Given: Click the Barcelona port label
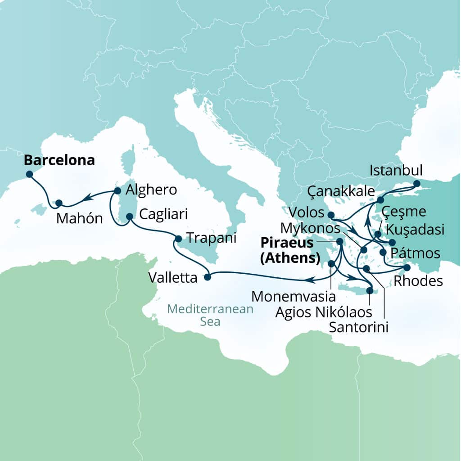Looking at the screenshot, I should (59, 161).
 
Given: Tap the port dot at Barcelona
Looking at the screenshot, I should (29, 174).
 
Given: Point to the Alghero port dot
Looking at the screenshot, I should (118, 190).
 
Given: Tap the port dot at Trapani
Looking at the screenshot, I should (178, 239).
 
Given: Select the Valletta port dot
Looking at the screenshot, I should (207, 277).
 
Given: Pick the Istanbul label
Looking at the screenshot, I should (396, 171).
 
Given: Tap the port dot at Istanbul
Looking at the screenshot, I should (416, 184).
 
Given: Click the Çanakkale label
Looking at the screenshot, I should (340, 192).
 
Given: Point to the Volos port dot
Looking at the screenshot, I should (331, 215).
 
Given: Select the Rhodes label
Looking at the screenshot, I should (418, 281).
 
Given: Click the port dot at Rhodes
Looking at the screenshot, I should (407, 267).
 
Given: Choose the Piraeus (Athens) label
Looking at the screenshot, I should (291, 251).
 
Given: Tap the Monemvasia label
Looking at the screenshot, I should (294, 296).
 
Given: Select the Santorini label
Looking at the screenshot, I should (358, 327).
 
